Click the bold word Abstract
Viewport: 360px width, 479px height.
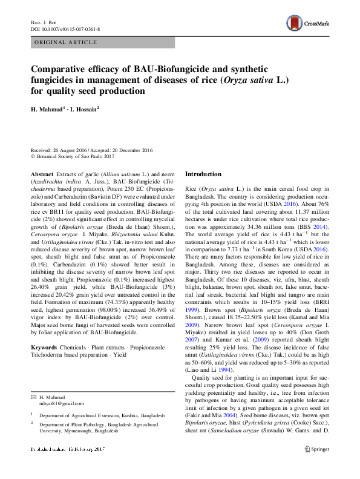tap(41, 174)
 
